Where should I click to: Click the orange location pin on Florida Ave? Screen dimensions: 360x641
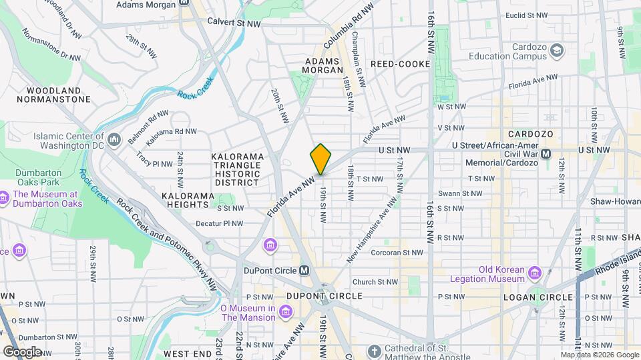320,159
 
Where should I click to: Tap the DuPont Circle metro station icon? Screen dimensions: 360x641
304,270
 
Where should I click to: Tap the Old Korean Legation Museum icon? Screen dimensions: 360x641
534,273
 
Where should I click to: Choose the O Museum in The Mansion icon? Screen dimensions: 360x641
286,312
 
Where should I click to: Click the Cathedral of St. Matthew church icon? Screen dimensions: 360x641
375,351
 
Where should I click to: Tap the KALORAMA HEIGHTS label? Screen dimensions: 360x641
188,201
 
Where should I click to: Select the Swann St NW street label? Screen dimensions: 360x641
476,193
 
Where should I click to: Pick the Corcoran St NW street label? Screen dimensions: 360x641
397,253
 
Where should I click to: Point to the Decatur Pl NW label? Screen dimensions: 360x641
219,223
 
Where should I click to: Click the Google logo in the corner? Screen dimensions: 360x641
21,351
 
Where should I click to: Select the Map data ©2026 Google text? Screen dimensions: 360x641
598,355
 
